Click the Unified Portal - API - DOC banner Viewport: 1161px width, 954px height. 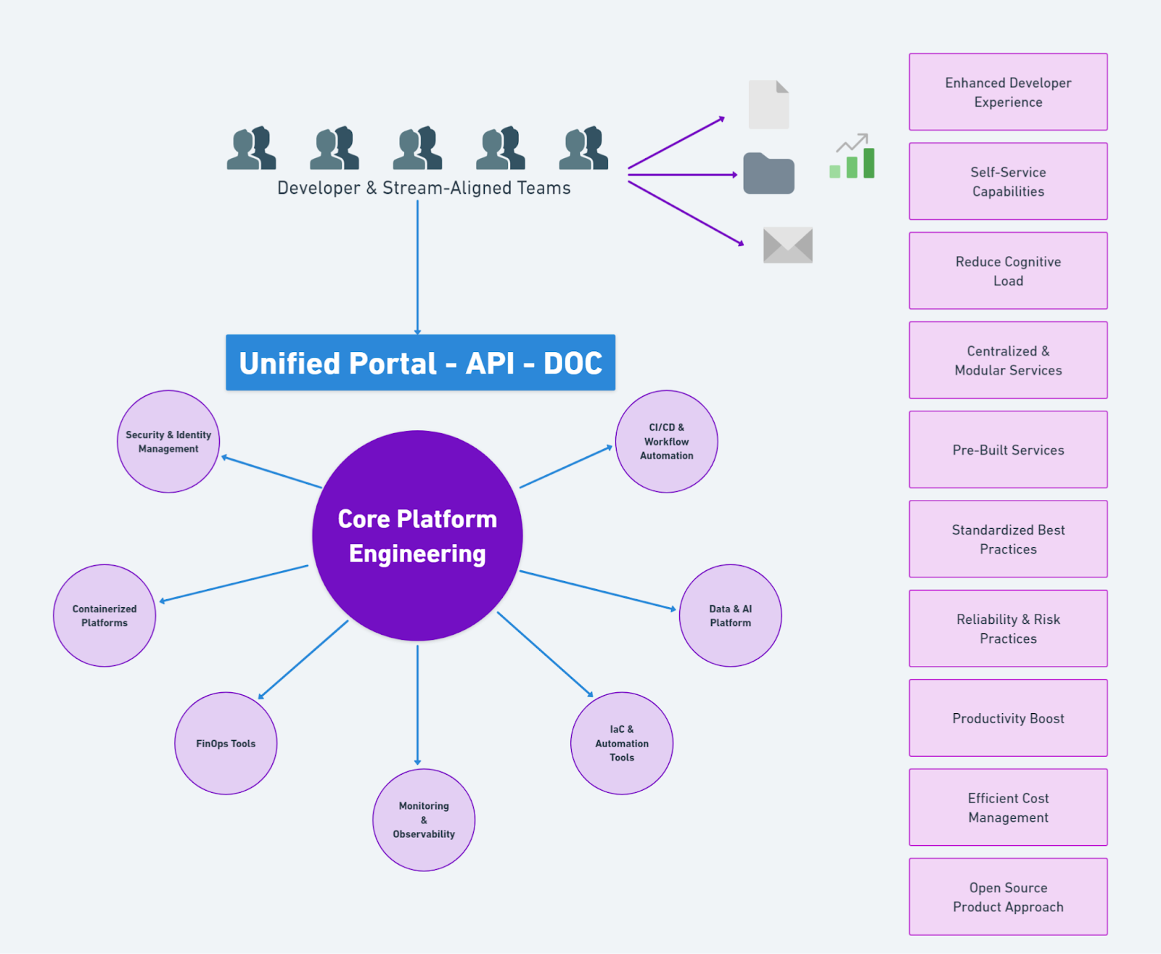pos(420,363)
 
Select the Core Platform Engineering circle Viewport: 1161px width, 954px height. pos(417,535)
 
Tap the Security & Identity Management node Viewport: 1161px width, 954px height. pos(168,442)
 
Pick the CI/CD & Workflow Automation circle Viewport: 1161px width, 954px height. pos(666,442)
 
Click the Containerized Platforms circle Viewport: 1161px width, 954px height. pos(104,615)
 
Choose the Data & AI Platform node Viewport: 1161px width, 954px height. pos(730,615)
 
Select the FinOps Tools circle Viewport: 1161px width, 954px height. pos(226,743)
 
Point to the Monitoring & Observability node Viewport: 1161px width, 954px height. pos(424,820)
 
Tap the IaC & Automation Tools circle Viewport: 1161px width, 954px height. pos(622,743)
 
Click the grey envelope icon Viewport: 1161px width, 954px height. pos(788,245)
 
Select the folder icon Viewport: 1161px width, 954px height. pos(768,173)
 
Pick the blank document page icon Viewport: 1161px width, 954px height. pos(768,104)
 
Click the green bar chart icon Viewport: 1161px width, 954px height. pos(853,157)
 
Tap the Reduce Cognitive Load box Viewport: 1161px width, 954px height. pos(1008,271)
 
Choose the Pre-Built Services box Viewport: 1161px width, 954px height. pos(1008,450)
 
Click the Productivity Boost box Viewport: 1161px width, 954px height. pos(1008,718)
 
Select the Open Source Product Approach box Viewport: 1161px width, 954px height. pos(1008,897)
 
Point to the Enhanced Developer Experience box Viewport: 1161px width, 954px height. pos(1008,92)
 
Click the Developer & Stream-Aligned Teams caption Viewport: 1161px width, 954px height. pos(424,188)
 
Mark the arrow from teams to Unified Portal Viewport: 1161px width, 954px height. pos(417,268)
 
